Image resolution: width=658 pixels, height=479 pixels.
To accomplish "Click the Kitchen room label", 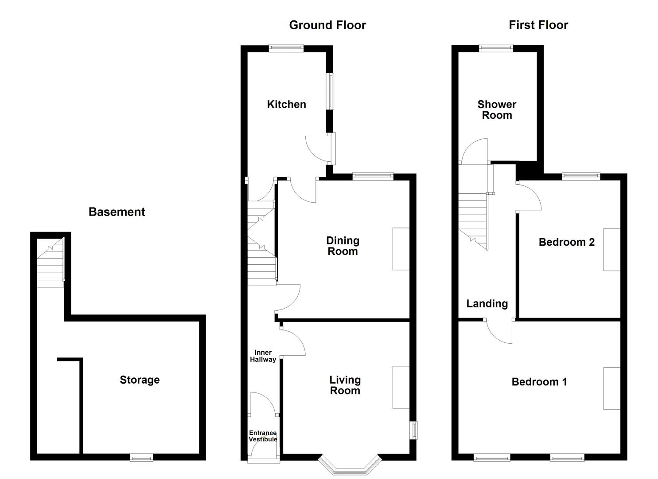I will [286, 104].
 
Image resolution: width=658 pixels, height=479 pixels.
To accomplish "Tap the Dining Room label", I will [343, 246].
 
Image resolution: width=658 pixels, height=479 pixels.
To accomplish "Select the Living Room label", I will [345, 385].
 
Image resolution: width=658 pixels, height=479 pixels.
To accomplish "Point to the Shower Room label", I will [497, 110].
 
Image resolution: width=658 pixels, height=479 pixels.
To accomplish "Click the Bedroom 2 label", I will [566, 242].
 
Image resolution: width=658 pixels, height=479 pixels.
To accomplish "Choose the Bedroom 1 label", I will [539, 381].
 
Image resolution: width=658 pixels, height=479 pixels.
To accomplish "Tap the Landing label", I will [487, 303].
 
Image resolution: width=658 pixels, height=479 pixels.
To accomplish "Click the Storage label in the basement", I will [140, 380].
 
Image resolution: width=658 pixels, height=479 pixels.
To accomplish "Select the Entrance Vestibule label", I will [263, 436].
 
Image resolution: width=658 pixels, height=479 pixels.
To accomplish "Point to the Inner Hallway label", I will [263, 356].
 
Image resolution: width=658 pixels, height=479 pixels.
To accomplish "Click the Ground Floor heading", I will [327, 25].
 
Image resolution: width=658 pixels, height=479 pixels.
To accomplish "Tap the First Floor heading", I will [538, 25].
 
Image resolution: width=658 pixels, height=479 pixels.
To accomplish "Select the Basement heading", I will [117, 212].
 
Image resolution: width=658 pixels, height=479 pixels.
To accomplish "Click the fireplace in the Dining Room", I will [401, 249].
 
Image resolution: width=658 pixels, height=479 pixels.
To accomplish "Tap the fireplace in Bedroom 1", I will [611, 388].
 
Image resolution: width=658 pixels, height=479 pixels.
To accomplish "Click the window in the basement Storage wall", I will [141, 457].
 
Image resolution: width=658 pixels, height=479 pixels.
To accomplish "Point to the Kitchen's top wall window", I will [286, 48].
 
